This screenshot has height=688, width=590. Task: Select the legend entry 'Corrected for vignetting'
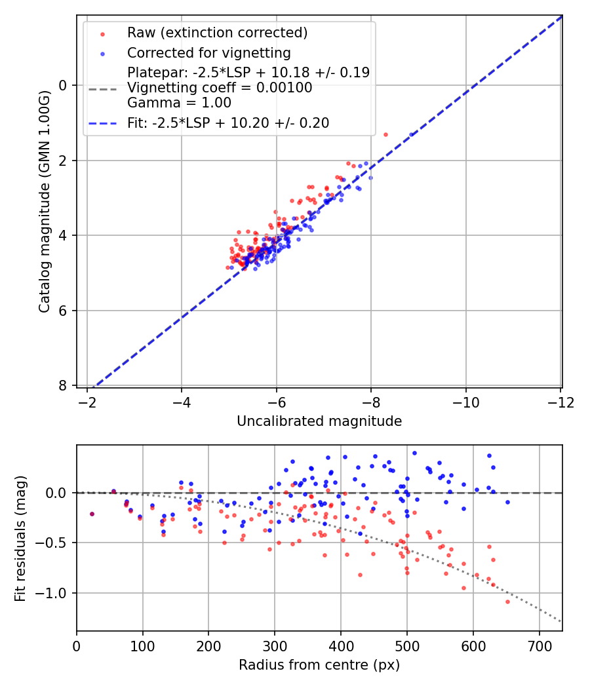click(208, 52)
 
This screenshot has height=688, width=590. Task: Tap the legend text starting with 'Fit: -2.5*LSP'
click(228, 123)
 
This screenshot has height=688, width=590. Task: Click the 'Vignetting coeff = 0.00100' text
click(220, 88)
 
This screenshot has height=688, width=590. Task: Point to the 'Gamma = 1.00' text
click(179, 103)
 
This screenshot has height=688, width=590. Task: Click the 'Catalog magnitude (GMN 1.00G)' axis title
click(44, 202)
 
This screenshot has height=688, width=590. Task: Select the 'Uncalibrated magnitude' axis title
click(319, 421)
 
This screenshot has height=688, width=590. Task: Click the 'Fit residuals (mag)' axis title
click(20, 538)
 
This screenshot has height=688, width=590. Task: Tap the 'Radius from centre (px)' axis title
click(319, 665)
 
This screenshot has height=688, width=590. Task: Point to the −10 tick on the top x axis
click(465, 402)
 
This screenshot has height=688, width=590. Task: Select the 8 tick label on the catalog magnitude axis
click(64, 385)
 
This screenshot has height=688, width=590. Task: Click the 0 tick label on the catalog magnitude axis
click(64, 85)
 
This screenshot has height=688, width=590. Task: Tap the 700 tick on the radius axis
click(539, 646)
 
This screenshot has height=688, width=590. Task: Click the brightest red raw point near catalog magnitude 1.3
click(385, 134)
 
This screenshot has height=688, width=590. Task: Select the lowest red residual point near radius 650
click(507, 602)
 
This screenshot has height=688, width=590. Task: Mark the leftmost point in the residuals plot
click(92, 514)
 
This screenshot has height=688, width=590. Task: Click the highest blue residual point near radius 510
click(414, 453)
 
